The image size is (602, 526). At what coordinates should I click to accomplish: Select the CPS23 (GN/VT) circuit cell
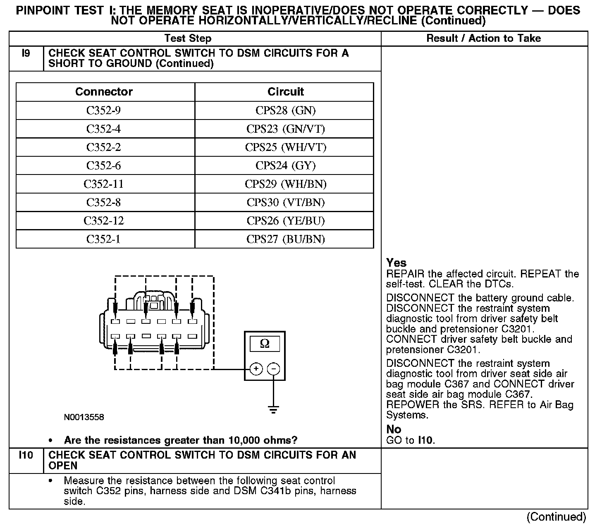(285, 129)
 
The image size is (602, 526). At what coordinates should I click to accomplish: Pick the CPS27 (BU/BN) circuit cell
(285, 239)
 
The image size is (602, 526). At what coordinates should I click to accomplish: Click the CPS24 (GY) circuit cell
(285, 166)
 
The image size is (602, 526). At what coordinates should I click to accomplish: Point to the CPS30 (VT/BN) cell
(285, 203)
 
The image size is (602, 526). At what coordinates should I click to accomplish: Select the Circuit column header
(285, 92)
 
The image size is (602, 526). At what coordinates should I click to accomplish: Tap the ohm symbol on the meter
(265, 344)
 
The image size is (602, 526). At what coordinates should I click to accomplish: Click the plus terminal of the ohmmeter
(256, 368)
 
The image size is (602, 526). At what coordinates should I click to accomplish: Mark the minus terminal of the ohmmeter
(273, 368)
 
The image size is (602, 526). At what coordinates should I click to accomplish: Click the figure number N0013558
(84, 417)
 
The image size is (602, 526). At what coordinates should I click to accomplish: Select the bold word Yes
(396, 263)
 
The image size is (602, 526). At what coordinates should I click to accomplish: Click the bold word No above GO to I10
(394, 429)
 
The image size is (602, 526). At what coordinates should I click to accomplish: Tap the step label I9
(26, 53)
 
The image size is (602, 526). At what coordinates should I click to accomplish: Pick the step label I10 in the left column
(26, 455)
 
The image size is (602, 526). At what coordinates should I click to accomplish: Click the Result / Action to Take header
(483, 38)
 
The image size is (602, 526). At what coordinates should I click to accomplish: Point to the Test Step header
(188, 38)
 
